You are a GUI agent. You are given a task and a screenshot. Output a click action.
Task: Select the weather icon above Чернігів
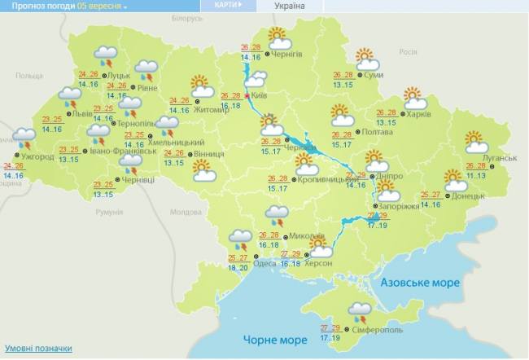tap(279, 36)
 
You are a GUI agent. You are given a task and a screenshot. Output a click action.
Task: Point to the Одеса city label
tap(264, 262)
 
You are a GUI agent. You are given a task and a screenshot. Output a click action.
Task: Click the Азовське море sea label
tap(420, 282)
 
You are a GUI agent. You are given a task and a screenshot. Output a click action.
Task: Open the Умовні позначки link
tap(37, 348)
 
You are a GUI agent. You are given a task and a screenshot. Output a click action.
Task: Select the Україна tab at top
tap(290, 7)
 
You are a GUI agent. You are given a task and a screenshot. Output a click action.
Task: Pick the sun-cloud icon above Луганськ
tap(476, 142)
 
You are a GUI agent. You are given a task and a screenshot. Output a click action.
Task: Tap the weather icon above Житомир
tap(201, 86)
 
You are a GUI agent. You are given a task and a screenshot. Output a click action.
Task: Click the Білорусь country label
tap(188, 18)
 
